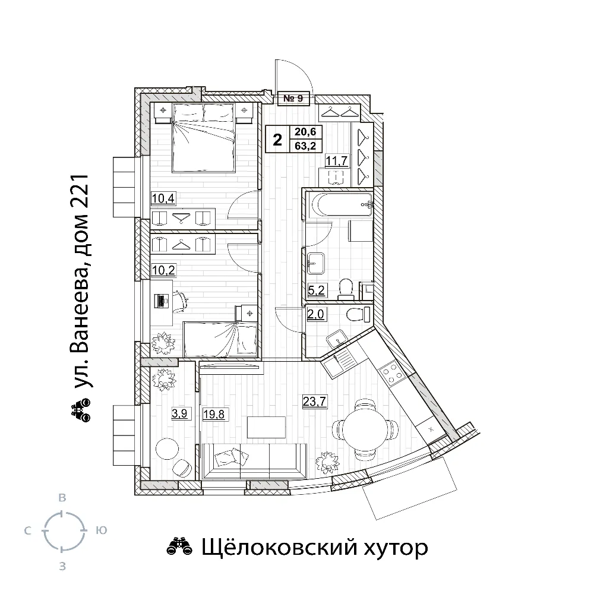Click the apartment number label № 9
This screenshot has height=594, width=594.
click(x=293, y=98)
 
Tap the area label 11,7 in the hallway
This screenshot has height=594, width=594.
click(x=337, y=160)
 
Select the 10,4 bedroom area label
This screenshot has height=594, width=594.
click(x=163, y=198)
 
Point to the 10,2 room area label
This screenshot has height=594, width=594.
click(x=163, y=270)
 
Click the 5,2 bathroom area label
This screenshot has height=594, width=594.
click(x=317, y=290)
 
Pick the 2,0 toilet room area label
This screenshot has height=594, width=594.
click(x=317, y=314)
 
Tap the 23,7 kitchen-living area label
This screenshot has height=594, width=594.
click(x=314, y=401)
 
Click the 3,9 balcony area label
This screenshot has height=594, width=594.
click(x=179, y=413)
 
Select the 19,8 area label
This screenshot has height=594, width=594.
click(x=214, y=414)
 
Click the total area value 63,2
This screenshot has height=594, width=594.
click(x=305, y=146)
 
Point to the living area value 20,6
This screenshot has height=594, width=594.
click(x=305, y=132)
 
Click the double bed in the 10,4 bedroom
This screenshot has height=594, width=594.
click(x=203, y=138)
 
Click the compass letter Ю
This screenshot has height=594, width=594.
click(x=101, y=530)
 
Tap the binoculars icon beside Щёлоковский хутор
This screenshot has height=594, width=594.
click(x=179, y=547)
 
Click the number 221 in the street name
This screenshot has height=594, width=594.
click(x=80, y=193)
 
